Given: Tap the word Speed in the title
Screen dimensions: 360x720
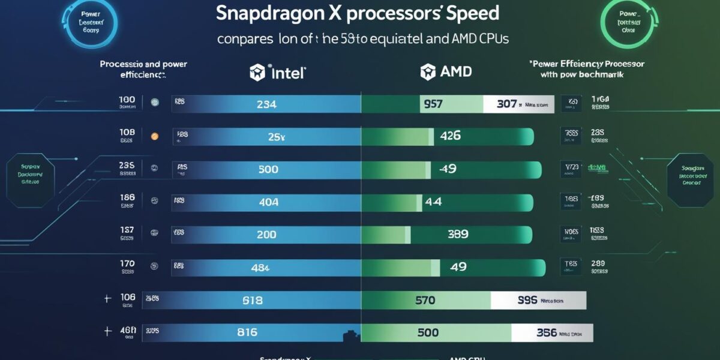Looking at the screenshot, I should click(x=471, y=13).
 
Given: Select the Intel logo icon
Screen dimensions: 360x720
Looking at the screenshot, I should click(x=257, y=73).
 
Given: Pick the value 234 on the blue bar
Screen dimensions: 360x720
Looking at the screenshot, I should click(x=266, y=104).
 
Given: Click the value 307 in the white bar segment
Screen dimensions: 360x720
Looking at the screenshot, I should click(x=506, y=104).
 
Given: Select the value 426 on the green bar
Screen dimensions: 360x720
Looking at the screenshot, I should click(x=450, y=136).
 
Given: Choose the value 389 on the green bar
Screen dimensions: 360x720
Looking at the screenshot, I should click(x=457, y=235).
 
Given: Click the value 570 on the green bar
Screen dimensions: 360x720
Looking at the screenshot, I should click(x=425, y=300).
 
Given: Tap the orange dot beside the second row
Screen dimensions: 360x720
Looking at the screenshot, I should click(x=154, y=136).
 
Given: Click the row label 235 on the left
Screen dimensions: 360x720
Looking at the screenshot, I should click(x=127, y=165).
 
